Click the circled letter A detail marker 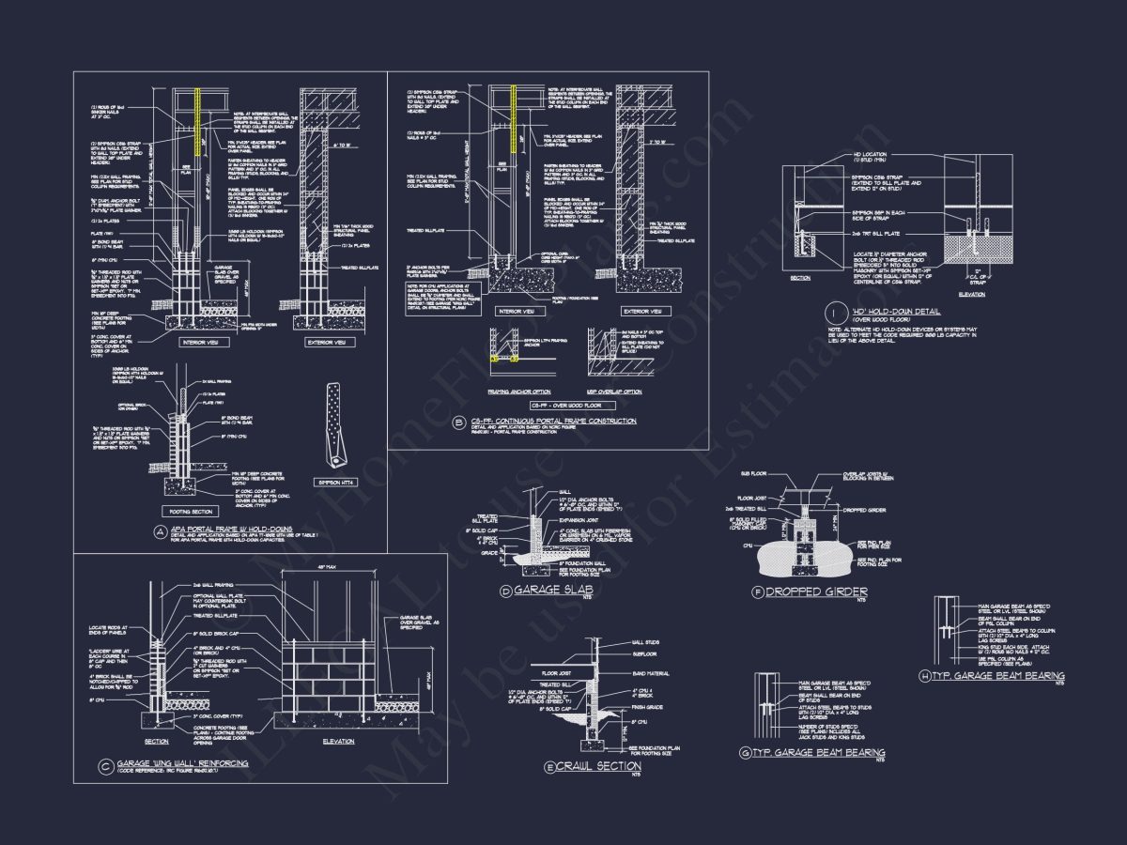tap(162, 531)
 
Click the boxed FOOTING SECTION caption tap(191, 513)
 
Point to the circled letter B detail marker tap(458, 422)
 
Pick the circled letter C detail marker tap(105, 763)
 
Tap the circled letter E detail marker tap(550, 767)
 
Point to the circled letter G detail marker tap(746, 753)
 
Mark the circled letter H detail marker tap(926, 676)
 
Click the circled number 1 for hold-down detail tap(833, 313)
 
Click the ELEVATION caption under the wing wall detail tap(337, 741)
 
